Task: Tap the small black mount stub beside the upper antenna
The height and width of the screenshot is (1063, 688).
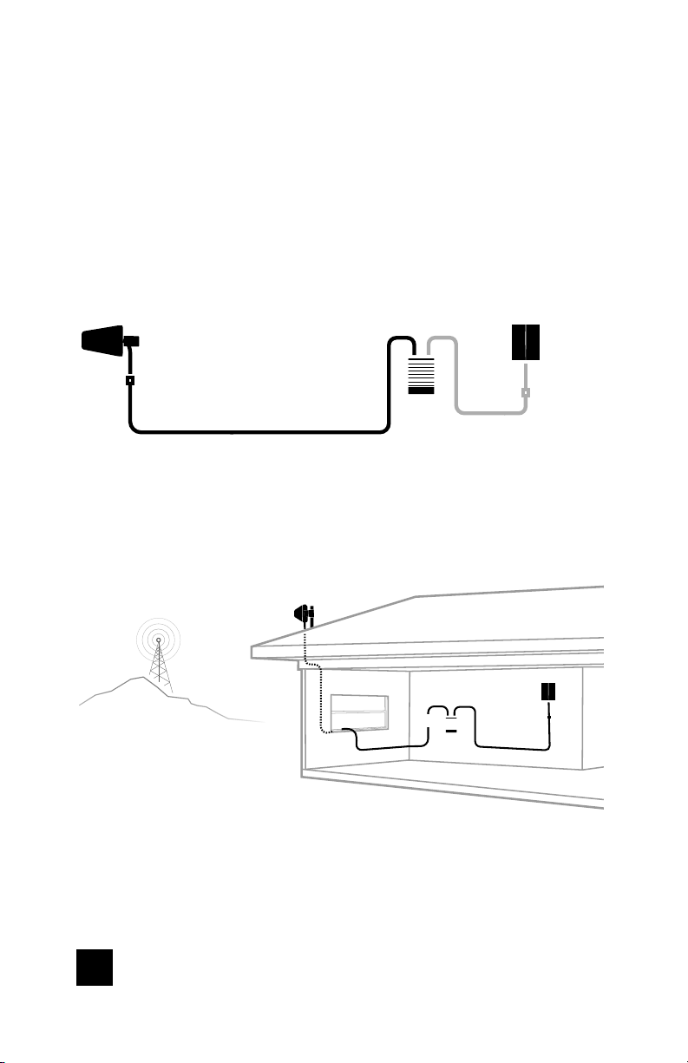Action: tap(133, 341)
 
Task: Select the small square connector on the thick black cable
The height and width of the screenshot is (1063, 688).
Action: tap(130, 380)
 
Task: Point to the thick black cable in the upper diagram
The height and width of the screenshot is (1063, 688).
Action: tap(260, 430)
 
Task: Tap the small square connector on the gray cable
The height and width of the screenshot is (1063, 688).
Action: tap(525, 392)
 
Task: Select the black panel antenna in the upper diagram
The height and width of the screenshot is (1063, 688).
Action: tap(527, 343)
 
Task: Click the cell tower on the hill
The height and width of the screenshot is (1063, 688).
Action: tap(158, 664)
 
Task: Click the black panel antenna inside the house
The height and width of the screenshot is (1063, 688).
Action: tap(548, 692)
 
